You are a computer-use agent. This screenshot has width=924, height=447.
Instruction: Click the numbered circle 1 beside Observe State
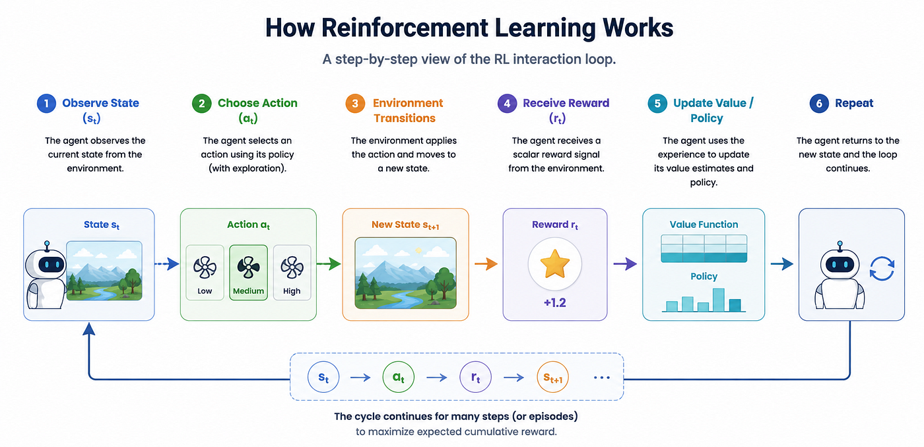46,103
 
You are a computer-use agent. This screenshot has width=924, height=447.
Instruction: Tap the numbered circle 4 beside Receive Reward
507,103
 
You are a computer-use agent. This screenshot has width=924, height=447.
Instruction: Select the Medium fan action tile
248,273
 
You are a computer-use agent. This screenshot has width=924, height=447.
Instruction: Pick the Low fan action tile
205,273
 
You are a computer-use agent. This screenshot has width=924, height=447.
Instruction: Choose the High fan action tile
292,273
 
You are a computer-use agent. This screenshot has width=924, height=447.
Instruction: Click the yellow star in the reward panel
555,263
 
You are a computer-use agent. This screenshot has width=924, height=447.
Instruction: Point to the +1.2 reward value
555,303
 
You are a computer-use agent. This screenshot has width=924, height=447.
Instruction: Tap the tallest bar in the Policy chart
719,300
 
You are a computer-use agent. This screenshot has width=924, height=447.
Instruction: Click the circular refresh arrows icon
882,268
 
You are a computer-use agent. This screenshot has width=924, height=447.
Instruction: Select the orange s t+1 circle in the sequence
553,377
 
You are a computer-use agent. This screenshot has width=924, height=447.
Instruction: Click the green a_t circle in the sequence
399,377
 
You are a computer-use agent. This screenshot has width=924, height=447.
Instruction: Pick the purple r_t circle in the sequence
476,377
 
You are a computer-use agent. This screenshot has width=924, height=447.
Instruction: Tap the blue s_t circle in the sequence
323,377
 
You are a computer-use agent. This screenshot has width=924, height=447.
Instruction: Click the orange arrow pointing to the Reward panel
486,263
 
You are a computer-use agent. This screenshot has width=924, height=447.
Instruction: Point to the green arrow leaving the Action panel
329,263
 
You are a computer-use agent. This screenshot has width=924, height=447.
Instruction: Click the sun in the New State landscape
418,250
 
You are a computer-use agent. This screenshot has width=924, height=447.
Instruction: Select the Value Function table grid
704,248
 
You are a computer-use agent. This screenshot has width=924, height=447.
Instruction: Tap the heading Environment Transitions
408,111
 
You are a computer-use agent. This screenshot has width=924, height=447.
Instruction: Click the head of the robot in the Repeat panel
840,263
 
